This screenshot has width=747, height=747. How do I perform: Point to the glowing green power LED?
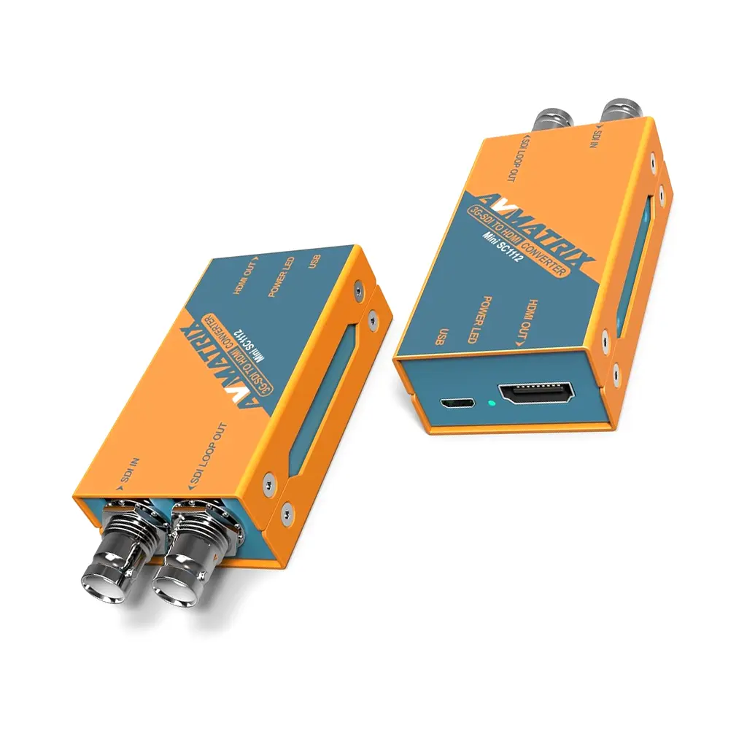(492, 403)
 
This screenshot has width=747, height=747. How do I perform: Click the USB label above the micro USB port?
(439, 336)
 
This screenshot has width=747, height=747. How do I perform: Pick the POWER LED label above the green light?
(486, 322)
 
